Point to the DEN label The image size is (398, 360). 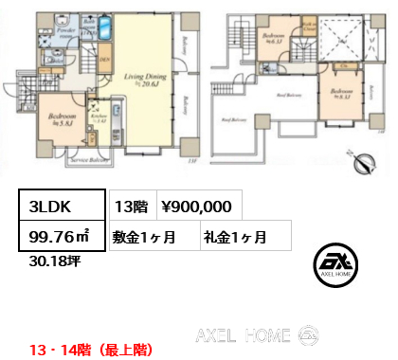107,63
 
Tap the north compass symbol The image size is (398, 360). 363,163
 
